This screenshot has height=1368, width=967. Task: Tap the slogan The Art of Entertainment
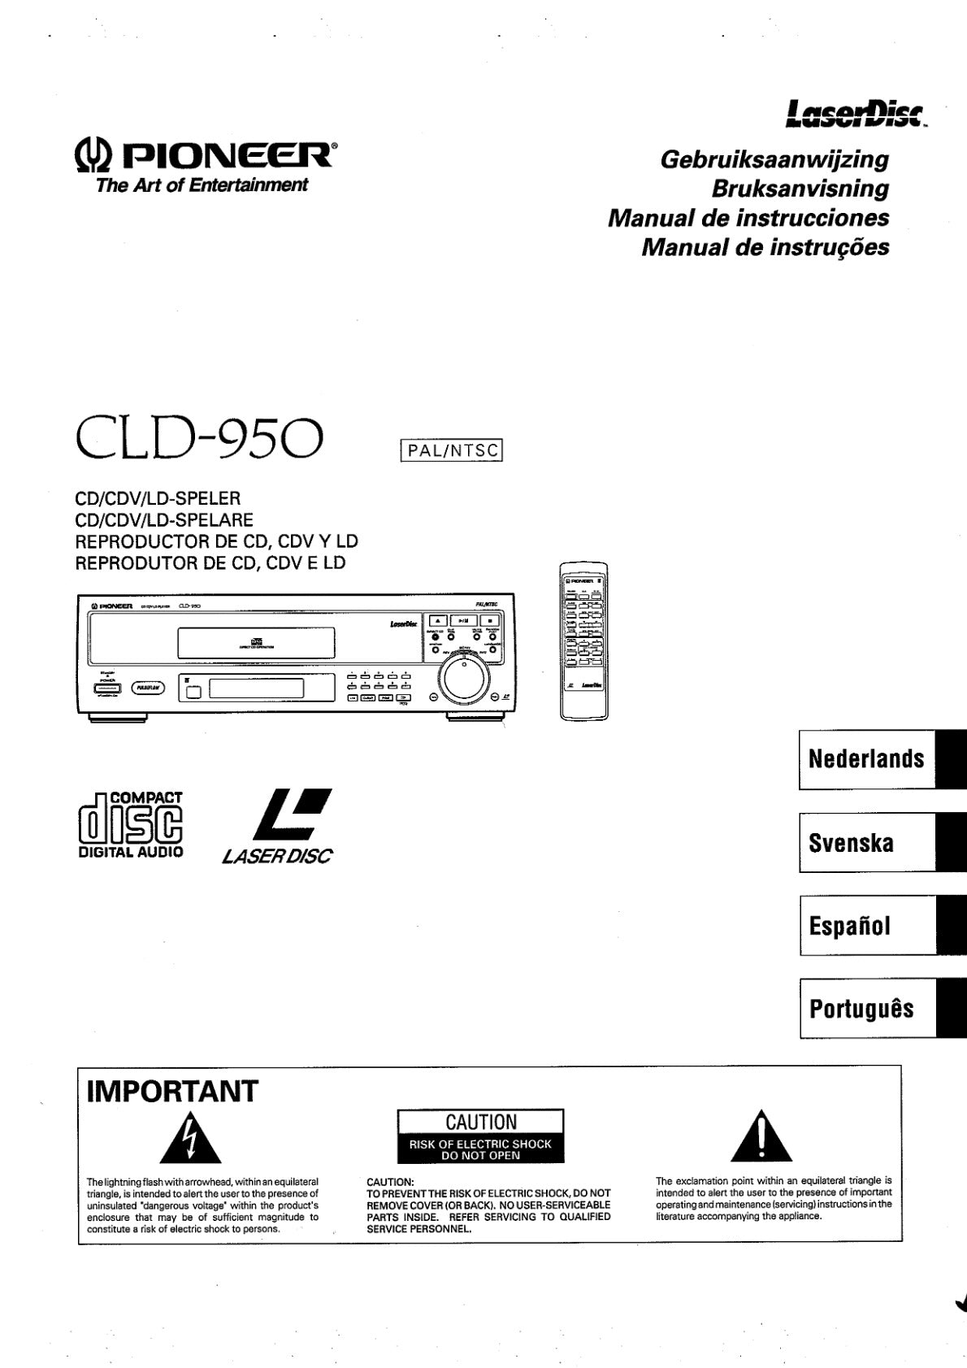[x=202, y=185]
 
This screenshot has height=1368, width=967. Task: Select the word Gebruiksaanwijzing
[x=774, y=159]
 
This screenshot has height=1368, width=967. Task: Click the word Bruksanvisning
[x=800, y=189]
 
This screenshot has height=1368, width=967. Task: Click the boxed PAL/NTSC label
[x=452, y=450]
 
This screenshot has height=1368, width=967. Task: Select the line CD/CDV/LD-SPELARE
[x=164, y=520]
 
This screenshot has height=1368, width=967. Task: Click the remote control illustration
[x=583, y=641]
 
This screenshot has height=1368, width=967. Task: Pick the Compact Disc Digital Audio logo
[x=130, y=825]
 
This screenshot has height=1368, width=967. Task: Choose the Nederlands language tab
[x=867, y=759]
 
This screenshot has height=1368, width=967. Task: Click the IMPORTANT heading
[x=172, y=1091]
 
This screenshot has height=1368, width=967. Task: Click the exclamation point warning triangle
[x=761, y=1136]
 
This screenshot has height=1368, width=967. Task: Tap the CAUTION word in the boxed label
[x=480, y=1122]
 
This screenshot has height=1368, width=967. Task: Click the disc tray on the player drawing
[x=256, y=644]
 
